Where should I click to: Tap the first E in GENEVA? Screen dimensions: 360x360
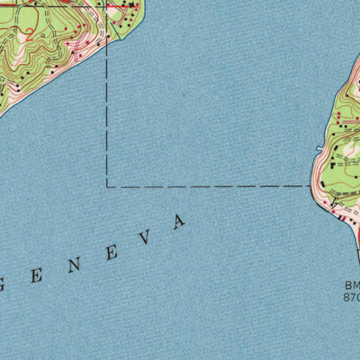[37, 274]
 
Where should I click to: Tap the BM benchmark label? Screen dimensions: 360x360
[351, 286]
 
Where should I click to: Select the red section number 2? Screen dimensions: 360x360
[31, 35]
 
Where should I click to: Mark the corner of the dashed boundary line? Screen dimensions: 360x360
[107, 186]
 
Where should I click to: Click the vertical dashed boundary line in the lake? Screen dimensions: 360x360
[107, 117]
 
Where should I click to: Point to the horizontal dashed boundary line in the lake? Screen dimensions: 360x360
[207, 186]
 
